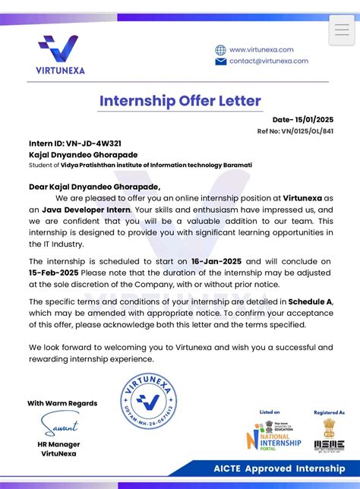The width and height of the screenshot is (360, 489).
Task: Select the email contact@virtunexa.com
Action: (x=269, y=61)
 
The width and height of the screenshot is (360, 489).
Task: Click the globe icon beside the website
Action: (x=220, y=49)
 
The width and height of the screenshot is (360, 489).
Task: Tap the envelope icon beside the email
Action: (x=220, y=62)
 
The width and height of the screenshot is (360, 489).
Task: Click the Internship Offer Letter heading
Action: (x=180, y=101)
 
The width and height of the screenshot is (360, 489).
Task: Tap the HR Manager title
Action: (x=58, y=444)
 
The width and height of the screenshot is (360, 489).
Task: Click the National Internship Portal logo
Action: (x=273, y=436)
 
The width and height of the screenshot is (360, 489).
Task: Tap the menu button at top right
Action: (x=342, y=30)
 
